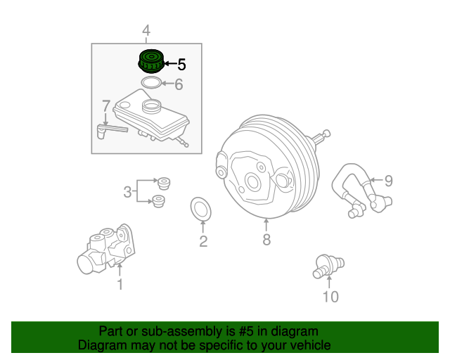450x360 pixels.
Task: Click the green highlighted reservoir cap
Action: point(151,61)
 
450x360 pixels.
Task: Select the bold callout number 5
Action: point(181,64)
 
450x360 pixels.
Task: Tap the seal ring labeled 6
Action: point(151,83)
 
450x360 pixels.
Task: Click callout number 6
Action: point(179,84)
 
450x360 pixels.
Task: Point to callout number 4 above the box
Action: point(146,30)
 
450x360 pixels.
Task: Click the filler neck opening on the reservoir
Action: point(151,106)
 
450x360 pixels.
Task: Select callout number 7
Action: point(106,106)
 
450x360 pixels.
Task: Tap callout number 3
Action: point(127,192)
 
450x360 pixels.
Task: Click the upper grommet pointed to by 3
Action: point(164,184)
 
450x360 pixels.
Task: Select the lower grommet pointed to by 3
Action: point(158,201)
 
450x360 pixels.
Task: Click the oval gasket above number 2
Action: point(201,209)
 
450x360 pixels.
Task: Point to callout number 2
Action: point(203,241)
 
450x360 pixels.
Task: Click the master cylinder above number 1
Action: point(106,249)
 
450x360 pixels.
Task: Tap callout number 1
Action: point(120,284)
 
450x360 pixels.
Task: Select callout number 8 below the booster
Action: point(266,240)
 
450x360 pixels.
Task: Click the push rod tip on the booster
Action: point(326,133)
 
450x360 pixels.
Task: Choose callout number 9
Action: point(388,181)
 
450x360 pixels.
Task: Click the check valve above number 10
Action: point(328,266)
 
